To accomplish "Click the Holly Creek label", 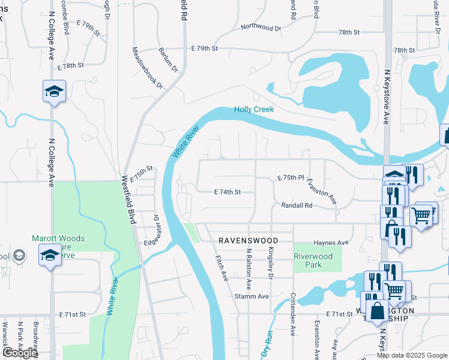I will (253, 109).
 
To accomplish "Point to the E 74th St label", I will (228, 192).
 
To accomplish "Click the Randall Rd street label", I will (297, 205).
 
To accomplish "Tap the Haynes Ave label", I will (331, 243).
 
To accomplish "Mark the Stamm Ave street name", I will (255, 296).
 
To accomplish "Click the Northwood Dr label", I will (261, 28).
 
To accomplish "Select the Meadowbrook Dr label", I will (148, 68).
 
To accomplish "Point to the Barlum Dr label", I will (169, 60).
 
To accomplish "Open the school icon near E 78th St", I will (54, 92).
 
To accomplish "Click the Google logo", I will (19, 353).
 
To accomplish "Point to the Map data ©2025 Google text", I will (412, 355).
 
